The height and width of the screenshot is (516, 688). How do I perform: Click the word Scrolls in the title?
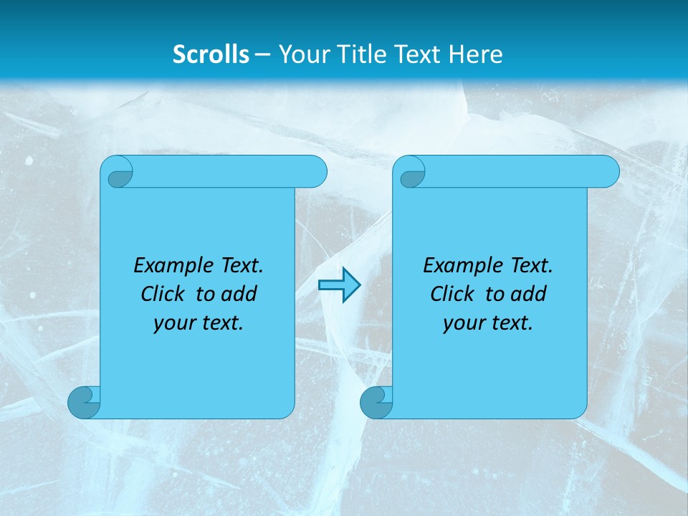click(211, 54)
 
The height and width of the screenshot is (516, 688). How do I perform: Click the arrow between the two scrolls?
click(339, 285)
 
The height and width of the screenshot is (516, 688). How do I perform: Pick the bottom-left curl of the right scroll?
click(376, 403)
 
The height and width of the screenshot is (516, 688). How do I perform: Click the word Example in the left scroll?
click(171, 266)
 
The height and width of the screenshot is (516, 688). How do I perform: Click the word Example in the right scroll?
click(460, 266)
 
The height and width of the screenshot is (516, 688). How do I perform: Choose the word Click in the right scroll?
click(451, 294)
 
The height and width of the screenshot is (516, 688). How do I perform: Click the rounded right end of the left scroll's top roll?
click(315, 172)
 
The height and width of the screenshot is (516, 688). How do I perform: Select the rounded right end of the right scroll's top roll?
click(608, 172)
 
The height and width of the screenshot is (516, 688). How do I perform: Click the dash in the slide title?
click(263, 54)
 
